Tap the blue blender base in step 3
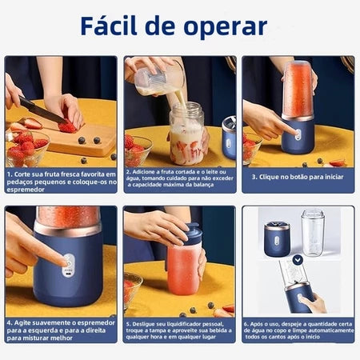coord(298,135)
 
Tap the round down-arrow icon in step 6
coord(298,259)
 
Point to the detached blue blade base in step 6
coord(278,238)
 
